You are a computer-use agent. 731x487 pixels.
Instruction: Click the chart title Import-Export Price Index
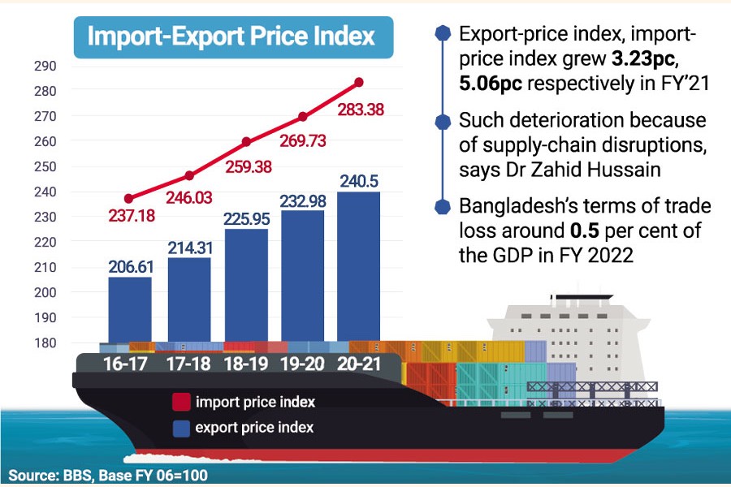tap(231, 37)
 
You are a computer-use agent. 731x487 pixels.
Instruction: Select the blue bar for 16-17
tap(129, 308)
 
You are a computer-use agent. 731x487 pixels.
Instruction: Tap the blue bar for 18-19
tap(247, 284)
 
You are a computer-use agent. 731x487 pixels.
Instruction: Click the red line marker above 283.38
tap(359, 82)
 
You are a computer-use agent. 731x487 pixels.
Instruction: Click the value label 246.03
tap(189, 196)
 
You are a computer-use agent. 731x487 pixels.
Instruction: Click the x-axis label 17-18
tap(189, 364)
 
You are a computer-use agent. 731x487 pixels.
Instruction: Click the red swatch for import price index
tap(181, 402)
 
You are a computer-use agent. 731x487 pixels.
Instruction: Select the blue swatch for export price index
tap(181, 427)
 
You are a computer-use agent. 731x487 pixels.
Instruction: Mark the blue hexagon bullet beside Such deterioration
tap(443, 122)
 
